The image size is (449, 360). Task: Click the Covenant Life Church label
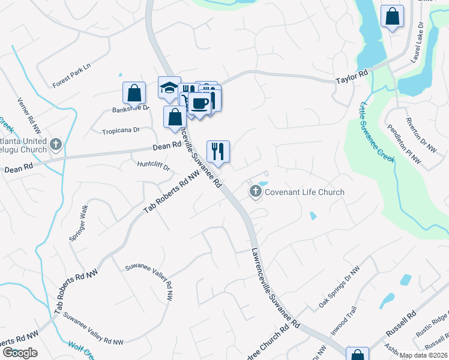coord(305,192)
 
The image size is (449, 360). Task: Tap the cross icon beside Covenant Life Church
coord(255,192)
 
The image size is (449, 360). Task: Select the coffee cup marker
coord(200,104)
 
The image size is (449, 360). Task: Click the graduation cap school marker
coord(169,88)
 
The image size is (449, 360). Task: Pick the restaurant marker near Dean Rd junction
coord(218,151)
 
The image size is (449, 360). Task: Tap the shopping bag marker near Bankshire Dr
coord(134,93)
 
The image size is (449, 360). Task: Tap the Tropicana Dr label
coord(120,130)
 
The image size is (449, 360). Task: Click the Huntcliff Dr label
coord(154,164)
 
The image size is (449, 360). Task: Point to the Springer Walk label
coord(79,223)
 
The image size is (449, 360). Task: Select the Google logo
coord(20,353)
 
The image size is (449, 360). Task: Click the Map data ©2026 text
coord(423,355)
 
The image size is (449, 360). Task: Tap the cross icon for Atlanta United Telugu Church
coord(56,144)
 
